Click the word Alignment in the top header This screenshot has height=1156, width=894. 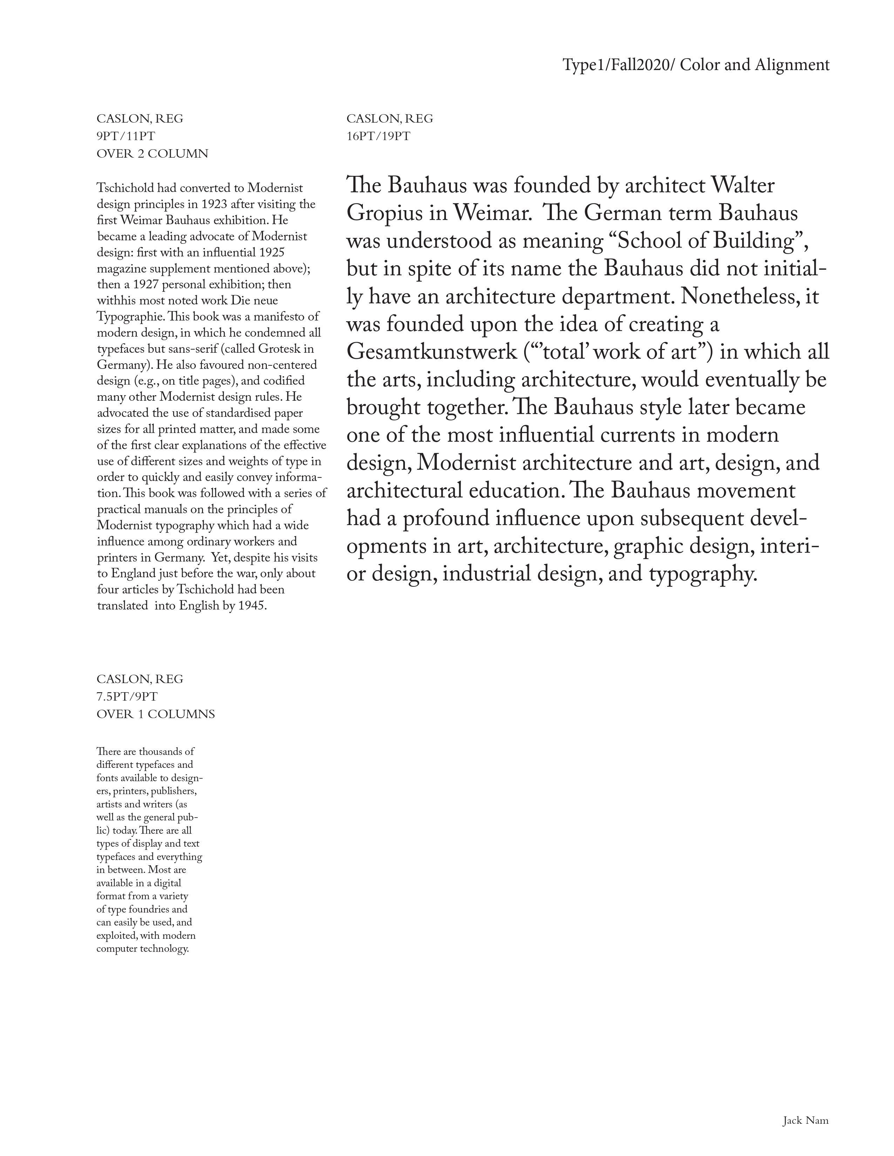(792, 65)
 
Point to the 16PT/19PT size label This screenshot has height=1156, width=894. (378, 136)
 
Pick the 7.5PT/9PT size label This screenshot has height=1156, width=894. (127, 696)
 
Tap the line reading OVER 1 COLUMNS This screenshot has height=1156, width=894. (156, 714)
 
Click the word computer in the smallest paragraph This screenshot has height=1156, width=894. (116, 949)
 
